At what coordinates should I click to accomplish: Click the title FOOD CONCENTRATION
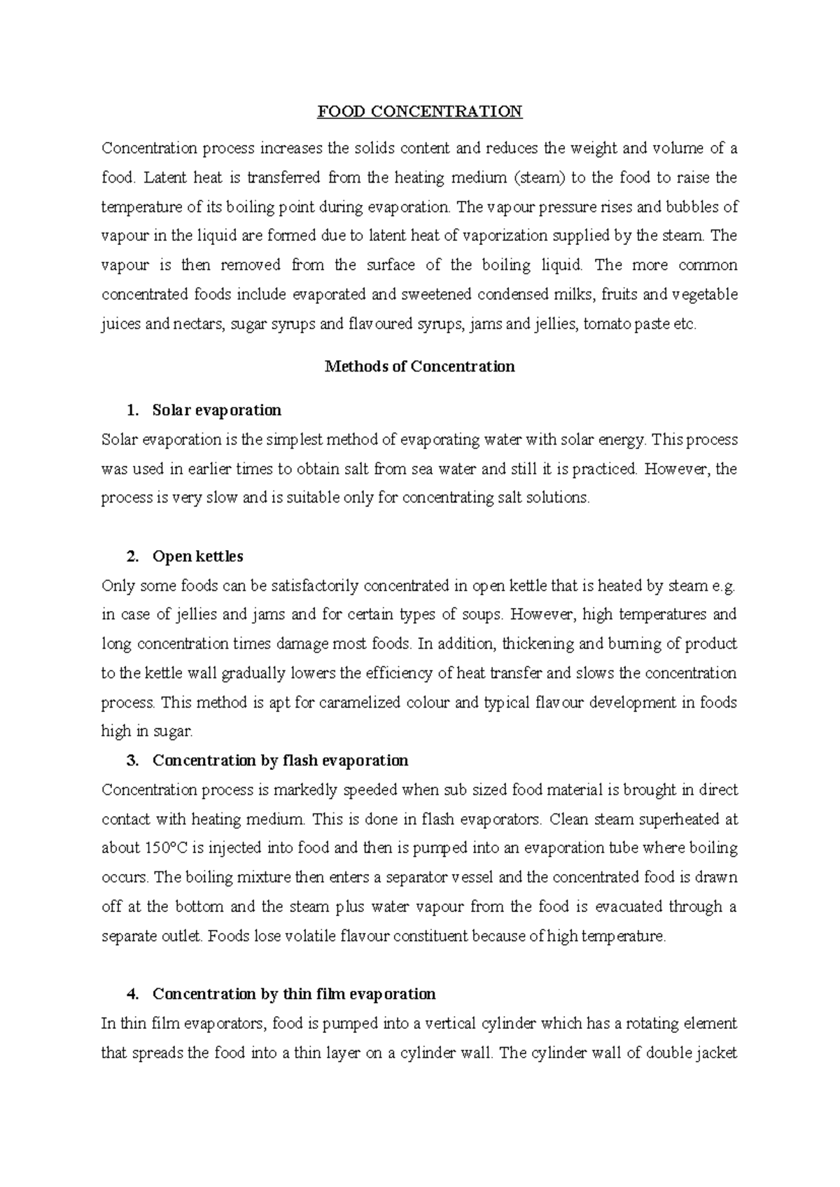420,112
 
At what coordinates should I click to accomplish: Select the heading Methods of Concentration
420,367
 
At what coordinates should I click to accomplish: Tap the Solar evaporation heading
216,410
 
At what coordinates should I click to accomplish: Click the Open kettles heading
197,557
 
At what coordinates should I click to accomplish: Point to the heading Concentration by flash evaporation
280,761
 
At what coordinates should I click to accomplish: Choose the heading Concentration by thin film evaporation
294,995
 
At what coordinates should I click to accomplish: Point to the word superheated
668,819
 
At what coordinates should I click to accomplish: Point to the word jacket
717,1053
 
